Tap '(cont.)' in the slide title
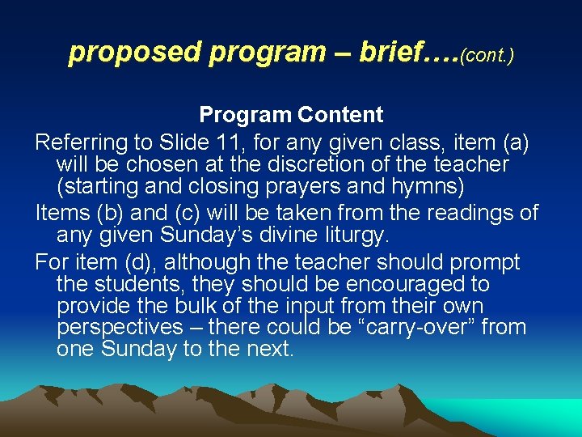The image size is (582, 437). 487,56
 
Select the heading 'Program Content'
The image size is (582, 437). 291,116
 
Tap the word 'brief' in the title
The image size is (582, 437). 385,53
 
